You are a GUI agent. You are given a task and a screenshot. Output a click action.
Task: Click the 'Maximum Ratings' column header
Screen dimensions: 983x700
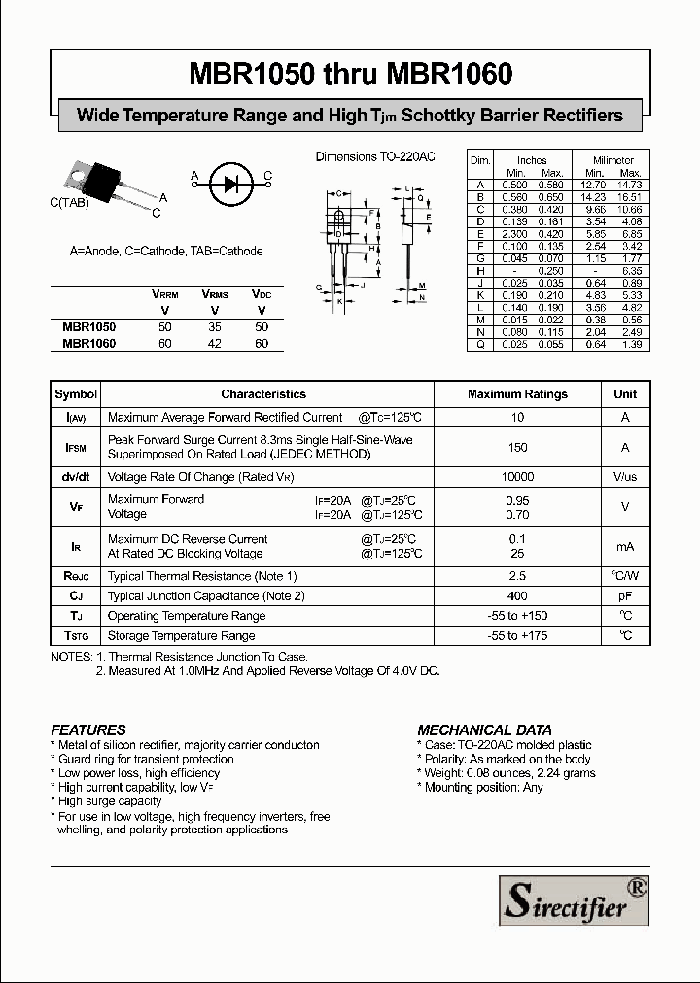517,394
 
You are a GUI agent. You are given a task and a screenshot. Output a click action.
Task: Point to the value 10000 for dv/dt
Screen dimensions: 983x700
517,477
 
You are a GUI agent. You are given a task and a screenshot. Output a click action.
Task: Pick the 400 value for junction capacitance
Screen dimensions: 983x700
517,595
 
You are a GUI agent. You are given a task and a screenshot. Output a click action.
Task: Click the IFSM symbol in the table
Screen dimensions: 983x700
76,447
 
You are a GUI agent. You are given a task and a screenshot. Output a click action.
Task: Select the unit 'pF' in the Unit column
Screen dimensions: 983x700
625,595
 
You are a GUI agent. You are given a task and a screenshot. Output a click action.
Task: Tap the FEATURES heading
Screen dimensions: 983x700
88,729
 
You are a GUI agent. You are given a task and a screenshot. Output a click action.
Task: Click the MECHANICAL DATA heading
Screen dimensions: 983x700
484,729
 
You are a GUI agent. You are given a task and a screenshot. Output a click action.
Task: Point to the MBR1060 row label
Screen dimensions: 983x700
88,343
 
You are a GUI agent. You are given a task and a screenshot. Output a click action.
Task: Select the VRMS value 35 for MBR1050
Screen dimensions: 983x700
214,327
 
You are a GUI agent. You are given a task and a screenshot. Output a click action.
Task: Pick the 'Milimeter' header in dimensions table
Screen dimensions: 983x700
613,160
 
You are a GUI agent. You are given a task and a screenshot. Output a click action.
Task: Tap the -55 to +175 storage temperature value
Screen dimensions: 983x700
517,636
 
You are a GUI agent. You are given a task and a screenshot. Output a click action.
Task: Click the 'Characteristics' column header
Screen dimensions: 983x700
263,394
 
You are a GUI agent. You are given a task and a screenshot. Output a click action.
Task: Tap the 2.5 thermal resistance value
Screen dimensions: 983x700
517,576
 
